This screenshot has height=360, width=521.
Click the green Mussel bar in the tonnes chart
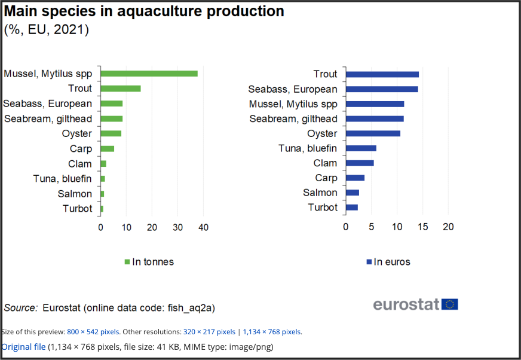(x=149, y=74)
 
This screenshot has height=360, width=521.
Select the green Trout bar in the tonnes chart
(x=121, y=89)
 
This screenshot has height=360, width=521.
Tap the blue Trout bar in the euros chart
(x=382, y=74)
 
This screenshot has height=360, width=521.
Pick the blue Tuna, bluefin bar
(x=361, y=148)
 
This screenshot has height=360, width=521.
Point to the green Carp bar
(x=108, y=149)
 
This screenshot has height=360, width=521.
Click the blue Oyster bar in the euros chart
(x=373, y=133)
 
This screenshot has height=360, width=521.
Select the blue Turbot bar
(x=352, y=208)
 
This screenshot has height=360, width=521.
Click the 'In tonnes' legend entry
(x=149, y=261)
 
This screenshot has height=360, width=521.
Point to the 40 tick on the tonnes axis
(x=203, y=227)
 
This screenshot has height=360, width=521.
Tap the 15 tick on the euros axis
(x=422, y=227)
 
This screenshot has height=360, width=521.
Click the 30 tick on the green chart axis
(x=177, y=227)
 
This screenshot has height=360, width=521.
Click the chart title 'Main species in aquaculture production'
(x=144, y=11)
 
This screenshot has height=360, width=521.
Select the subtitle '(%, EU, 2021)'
(x=47, y=29)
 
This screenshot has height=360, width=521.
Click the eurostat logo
(x=416, y=304)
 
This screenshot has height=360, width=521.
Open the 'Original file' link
(x=23, y=346)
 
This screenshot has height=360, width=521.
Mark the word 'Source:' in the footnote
(x=21, y=308)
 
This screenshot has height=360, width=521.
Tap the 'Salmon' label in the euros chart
(x=320, y=193)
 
